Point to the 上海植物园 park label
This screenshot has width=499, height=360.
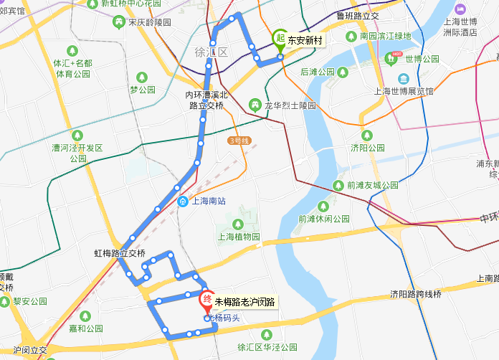238,236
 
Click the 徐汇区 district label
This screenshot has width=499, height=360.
211,52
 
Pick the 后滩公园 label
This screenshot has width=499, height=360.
318,72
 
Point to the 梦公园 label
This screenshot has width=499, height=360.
143,90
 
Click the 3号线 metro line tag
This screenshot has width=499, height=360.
238,141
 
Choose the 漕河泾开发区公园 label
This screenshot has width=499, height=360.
78,153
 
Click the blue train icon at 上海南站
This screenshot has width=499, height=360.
184,202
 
